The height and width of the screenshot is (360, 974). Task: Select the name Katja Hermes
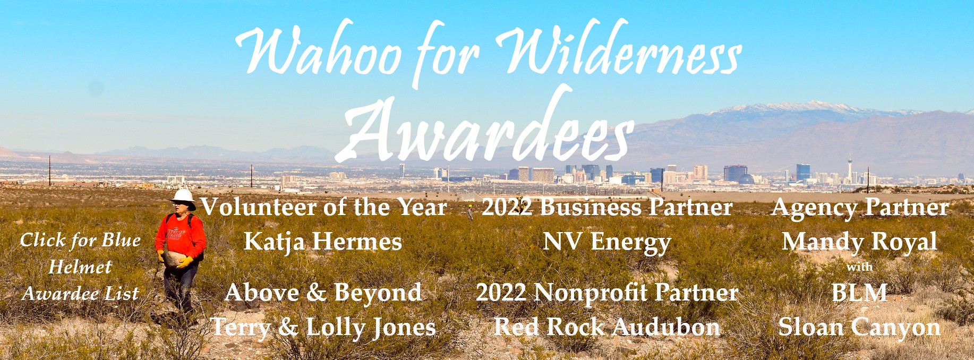(323, 242)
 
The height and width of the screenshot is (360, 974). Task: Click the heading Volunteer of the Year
(323, 207)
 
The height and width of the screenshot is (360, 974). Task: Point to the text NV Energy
(607, 242)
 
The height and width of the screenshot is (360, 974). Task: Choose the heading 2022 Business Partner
(607, 207)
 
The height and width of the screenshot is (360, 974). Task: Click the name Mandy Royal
(859, 242)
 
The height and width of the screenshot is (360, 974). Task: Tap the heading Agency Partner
(860, 207)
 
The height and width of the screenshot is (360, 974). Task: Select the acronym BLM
(859, 293)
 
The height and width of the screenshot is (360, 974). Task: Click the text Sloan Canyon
(859, 327)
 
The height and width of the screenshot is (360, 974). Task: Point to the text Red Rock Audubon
(607, 327)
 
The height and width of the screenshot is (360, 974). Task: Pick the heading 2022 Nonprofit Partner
(607, 293)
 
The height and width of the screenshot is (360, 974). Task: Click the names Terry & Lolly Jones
(323, 327)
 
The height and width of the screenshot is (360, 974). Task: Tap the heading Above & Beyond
(323, 293)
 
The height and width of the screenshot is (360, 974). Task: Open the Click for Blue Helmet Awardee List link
(80, 267)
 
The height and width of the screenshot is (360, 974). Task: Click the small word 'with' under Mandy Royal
(859, 267)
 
